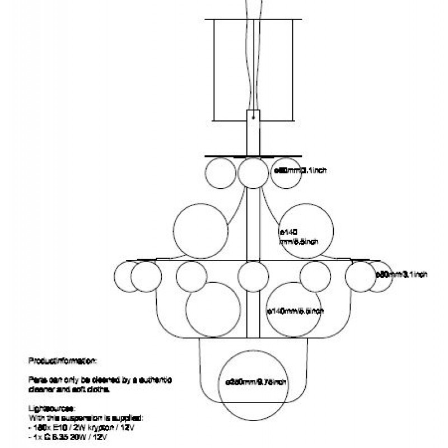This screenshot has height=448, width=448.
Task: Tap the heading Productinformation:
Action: pos(63,361)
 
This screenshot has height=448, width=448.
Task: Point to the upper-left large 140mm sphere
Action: pos(200,231)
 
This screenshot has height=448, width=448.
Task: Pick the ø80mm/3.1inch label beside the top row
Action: pos(300,170)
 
